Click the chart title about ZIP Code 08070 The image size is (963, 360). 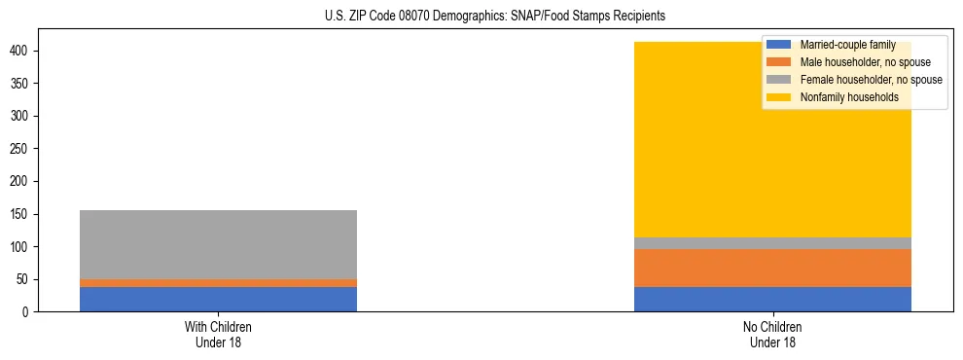click(495, 17)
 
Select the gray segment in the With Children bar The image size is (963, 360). click(218, 244)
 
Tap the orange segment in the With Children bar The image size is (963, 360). click(218, 283)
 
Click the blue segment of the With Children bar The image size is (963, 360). click(218, 299)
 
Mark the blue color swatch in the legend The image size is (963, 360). click(779, 45)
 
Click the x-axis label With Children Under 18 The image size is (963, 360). click(218, 334)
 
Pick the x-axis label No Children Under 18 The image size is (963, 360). click(772, 334)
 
